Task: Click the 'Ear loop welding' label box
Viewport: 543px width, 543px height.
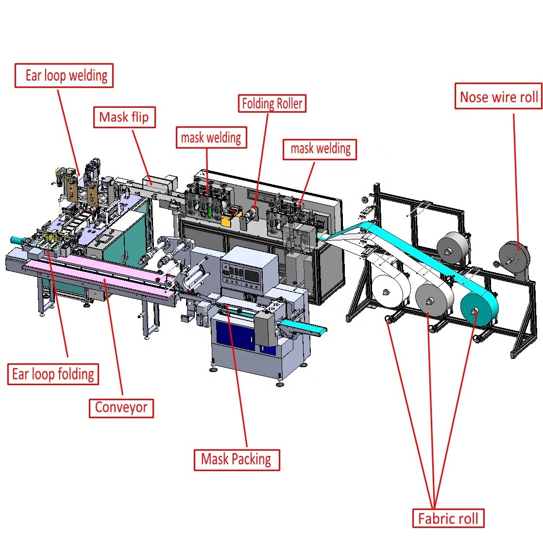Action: (64, 75)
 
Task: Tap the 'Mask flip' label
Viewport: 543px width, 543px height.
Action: (124, 117)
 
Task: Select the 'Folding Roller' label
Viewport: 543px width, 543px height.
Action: (272, 103)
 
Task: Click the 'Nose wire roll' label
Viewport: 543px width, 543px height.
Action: (498, 96)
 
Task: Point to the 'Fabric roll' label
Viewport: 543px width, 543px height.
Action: (448, 518)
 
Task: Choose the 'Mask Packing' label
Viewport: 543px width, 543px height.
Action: (237, 460)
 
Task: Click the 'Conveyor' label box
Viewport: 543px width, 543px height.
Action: (121, 408)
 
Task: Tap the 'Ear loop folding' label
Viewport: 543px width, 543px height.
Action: (53, 374)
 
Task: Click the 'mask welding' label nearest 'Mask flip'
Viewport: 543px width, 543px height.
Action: (211, 137)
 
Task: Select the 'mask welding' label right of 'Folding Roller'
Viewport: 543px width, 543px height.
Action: (320, 149)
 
